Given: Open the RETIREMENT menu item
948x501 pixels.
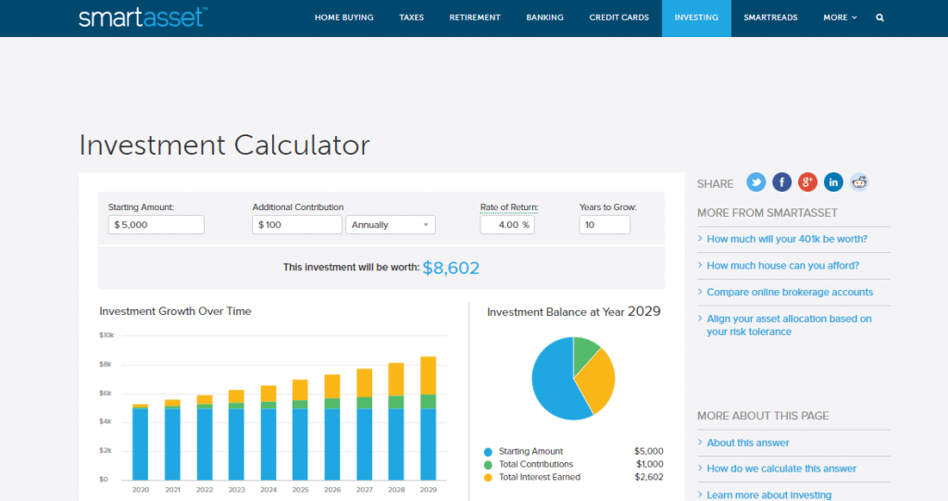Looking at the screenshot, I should [x=474, y=18].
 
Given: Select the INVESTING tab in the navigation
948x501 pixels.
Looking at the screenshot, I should [x=695, y=18].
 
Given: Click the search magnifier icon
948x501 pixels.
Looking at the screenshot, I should [x=879, y=18].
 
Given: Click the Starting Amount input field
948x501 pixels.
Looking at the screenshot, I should [x=156, y=225].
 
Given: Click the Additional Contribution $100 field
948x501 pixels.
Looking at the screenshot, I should [x=296, y=225].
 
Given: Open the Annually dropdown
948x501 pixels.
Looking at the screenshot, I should [x=390, y=225].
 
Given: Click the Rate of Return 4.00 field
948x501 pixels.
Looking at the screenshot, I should [x=506, y=225].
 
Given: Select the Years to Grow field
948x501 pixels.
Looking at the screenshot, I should [x=604, y=225].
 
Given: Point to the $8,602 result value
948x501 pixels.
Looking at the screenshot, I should [x=451, y=268].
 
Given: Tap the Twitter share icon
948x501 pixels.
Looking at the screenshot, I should [x=756, y=182].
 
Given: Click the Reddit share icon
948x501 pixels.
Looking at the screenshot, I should [x=860, y=182].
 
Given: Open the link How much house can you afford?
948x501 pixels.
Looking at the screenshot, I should [x=782, y=266].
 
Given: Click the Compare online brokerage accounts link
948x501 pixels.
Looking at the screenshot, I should [x=790, y=292].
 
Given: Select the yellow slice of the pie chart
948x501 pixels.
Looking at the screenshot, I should [x=598, y=381].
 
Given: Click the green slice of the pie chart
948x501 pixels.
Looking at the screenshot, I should [x=586, y=353].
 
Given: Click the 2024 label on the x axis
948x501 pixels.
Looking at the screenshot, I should [x=268, y=490].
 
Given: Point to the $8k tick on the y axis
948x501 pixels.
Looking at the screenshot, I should [x=107, y=365].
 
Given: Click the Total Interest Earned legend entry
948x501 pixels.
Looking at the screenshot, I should [x=539, y=477].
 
